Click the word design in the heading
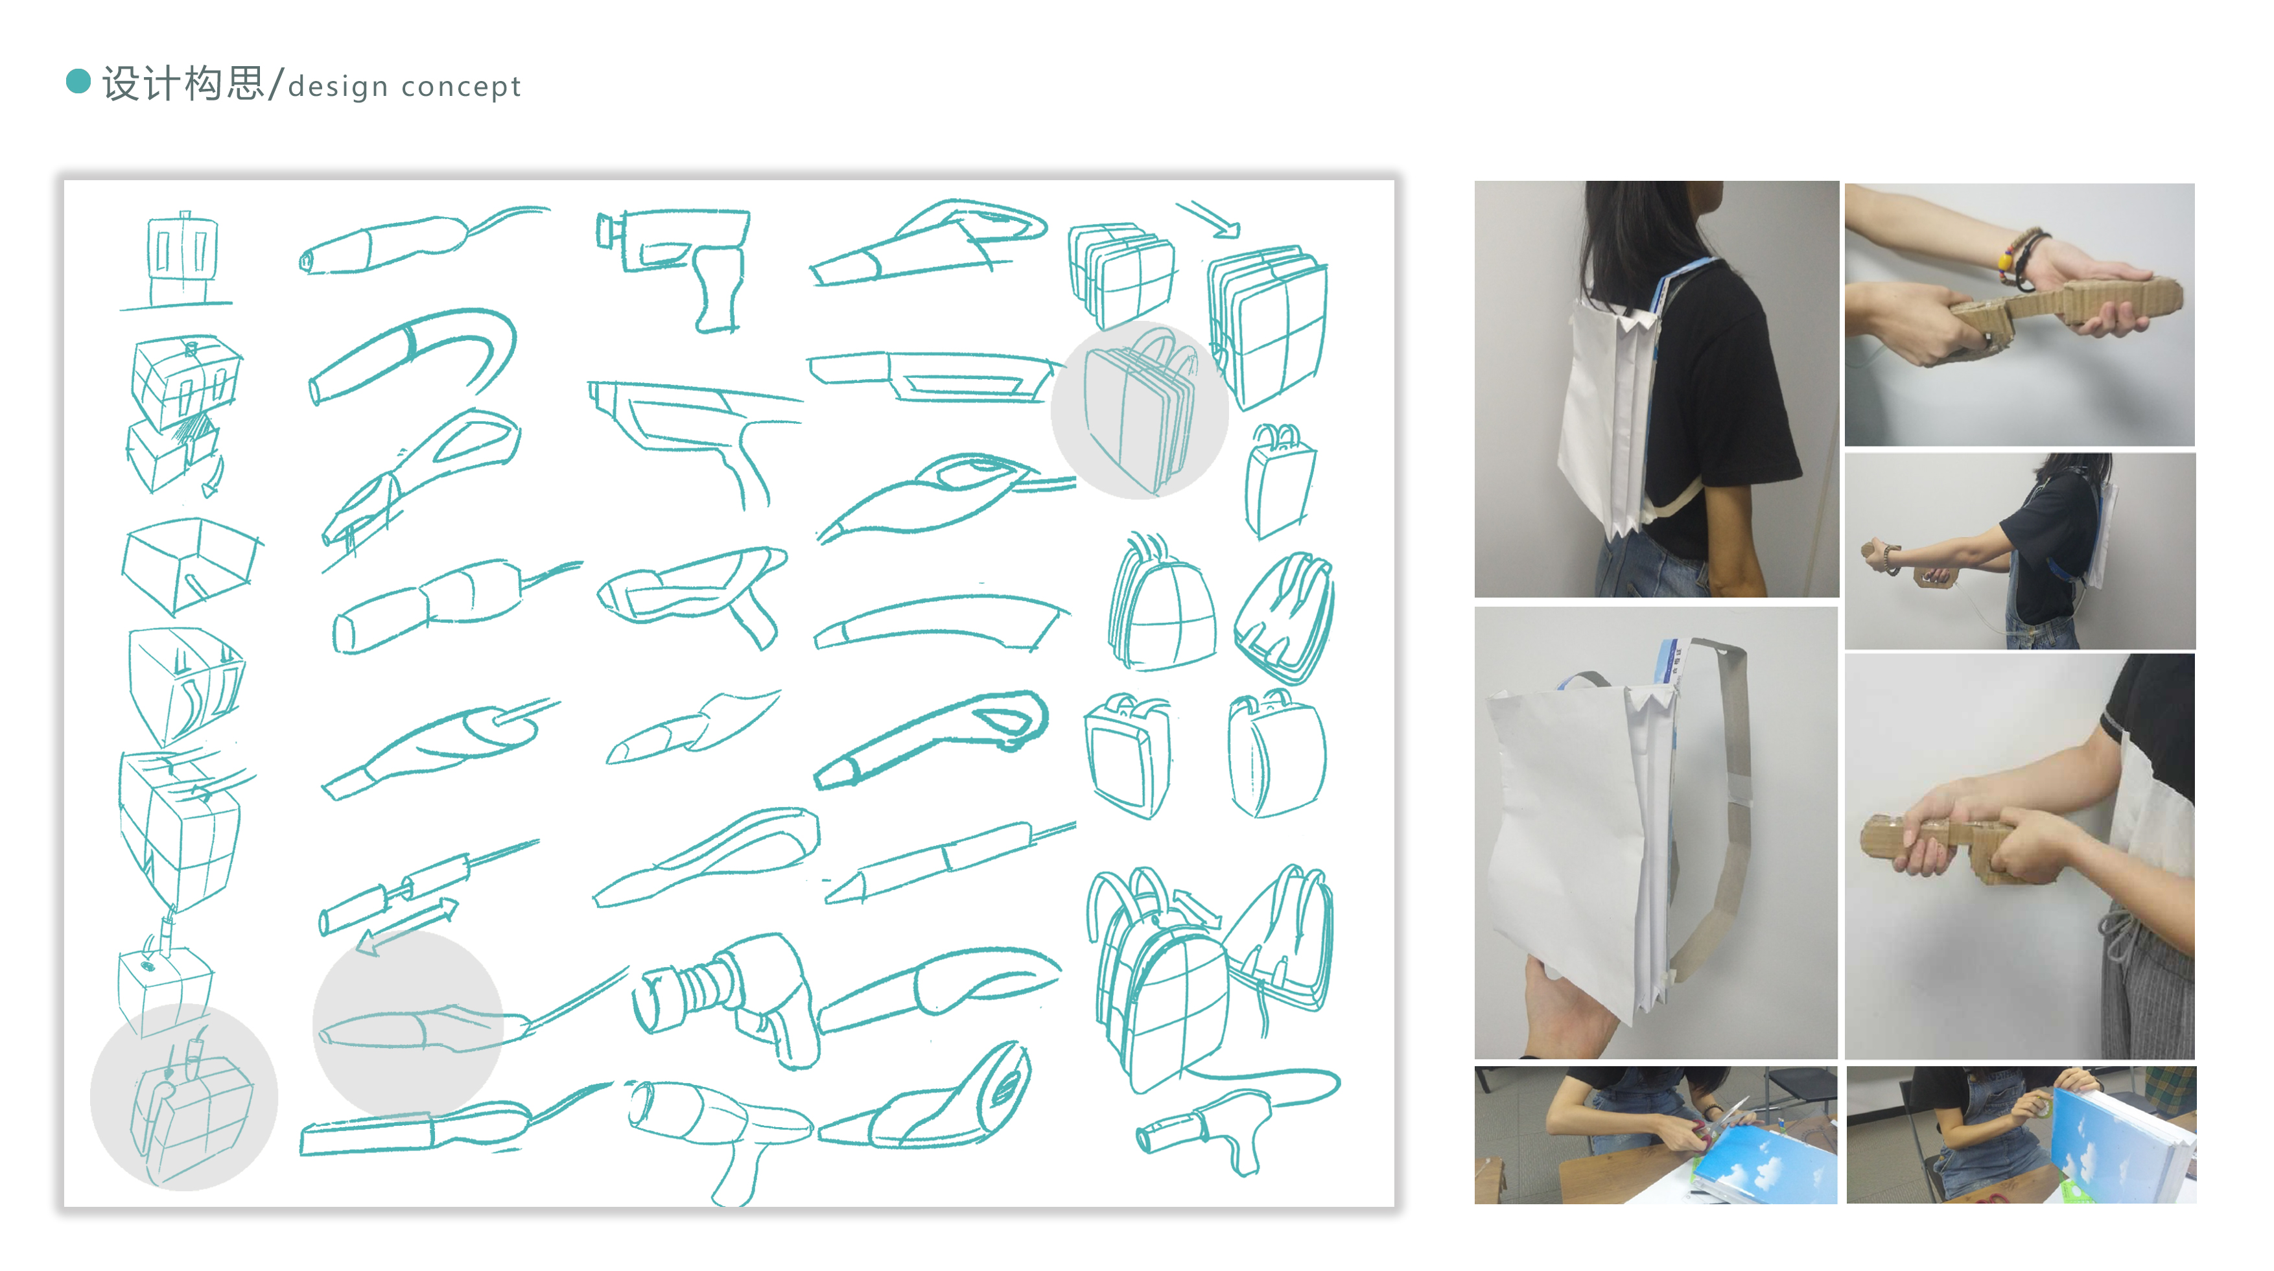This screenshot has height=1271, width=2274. point(338,86)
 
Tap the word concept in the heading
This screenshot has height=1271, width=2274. point(461,86)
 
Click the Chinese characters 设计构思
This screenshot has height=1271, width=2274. point(183,84)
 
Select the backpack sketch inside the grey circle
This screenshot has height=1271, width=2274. point(1139,415)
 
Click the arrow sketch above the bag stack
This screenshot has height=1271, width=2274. point(1210,219)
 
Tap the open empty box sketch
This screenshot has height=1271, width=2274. point(190,565)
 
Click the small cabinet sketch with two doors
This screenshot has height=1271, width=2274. point(182,256)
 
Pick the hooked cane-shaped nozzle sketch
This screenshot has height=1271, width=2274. point(415,353)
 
